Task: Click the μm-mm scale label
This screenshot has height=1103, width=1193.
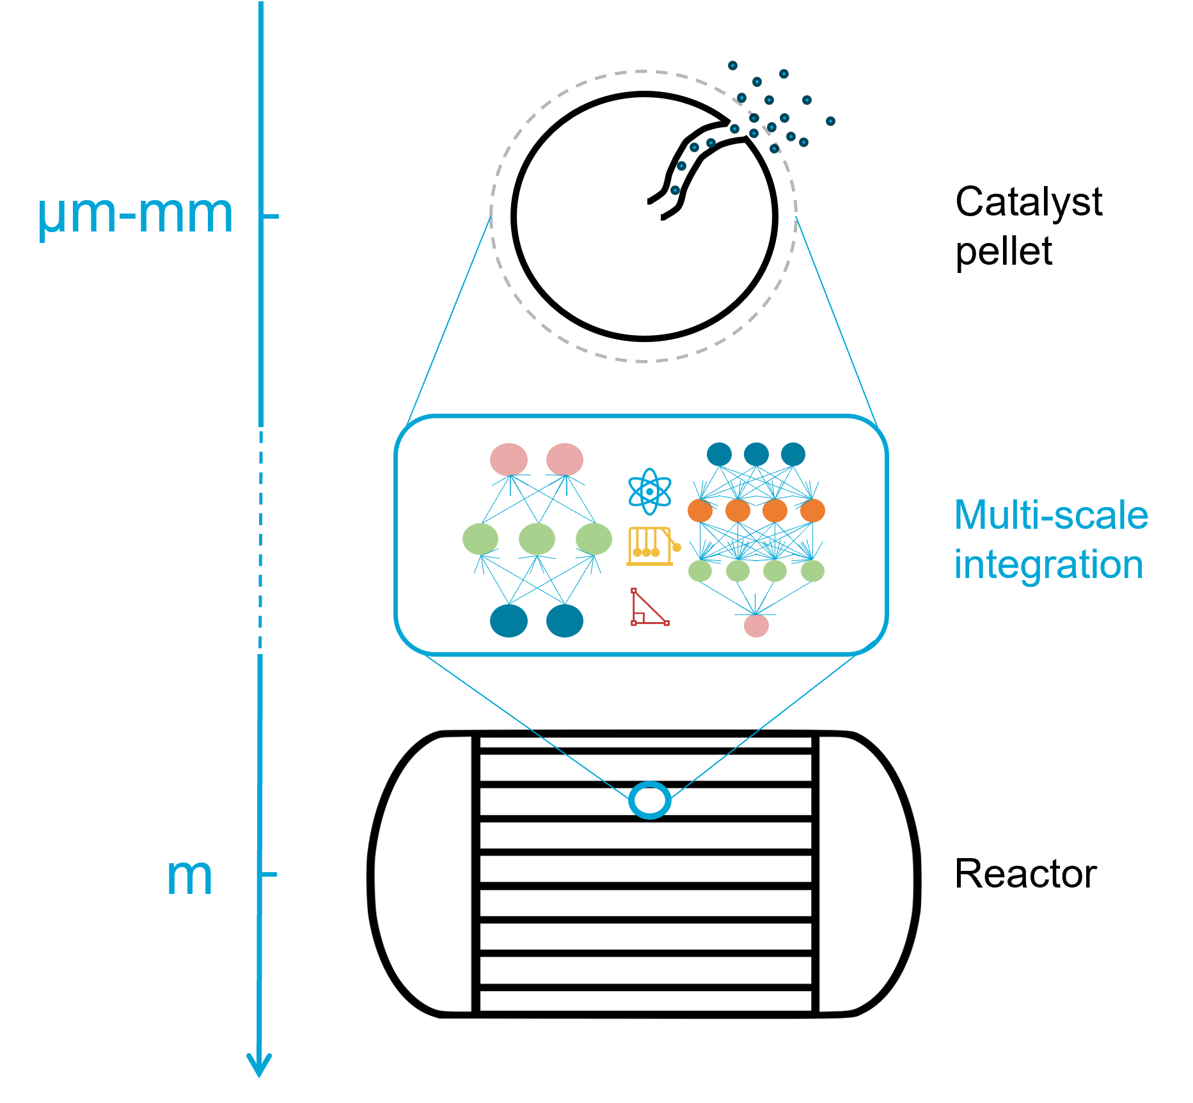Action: (x=136, y=215)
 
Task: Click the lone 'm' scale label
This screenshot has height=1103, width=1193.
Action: (x=189, y=877)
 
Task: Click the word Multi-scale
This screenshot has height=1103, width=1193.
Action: (x=1051, y=515)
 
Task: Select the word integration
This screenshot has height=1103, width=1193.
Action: (x=1048, y=565)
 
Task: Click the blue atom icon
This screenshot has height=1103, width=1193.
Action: (x=650, y=491)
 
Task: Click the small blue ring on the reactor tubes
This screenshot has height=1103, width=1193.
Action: (x=650, y=800)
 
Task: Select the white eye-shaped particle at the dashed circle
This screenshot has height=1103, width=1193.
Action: (x=736, y=128)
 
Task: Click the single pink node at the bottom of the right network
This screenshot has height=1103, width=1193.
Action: (x=756, y=625)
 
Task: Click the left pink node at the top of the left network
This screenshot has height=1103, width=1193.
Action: (x=509, y=459)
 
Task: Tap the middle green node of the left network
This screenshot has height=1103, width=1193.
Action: (x=537, y=539)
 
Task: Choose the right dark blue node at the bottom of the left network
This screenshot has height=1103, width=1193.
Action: (x=565, y=621)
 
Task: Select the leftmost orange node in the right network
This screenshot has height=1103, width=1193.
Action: (x=700, y=511)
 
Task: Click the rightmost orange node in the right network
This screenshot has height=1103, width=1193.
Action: (x=812, y=511)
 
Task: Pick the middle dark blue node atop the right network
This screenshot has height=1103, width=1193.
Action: (x=756, y=454)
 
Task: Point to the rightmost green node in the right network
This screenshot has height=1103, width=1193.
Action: (x=812, y=570)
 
